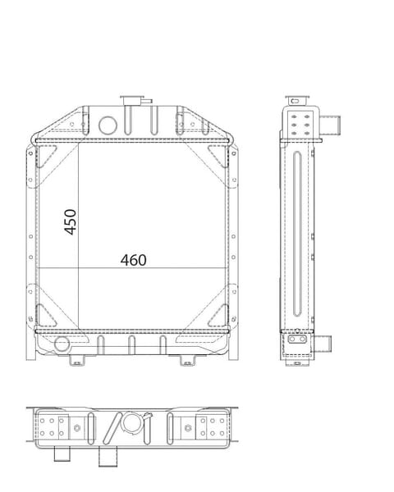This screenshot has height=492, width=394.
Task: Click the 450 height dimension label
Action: [71, 222]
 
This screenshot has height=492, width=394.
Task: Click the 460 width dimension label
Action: [134, 260]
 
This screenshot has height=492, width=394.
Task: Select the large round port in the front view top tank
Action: [108, 125]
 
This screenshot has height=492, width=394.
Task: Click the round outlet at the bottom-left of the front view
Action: [62, 344]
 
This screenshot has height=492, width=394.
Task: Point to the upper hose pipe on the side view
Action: [330, 125]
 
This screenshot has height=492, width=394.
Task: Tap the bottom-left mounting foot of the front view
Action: [77, 360]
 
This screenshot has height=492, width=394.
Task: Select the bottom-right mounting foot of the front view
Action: [187, 360]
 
